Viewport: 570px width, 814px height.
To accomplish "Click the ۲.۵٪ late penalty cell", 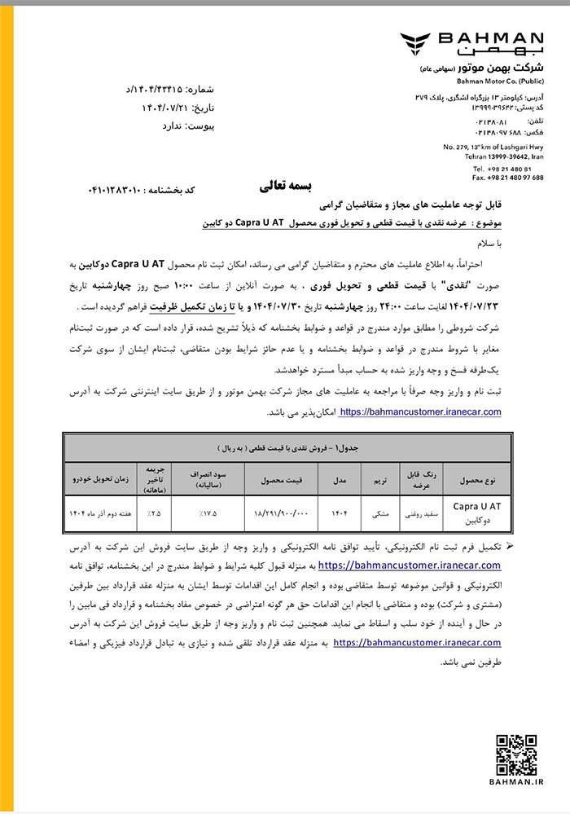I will (155, 514).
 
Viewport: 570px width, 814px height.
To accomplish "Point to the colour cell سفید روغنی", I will (420, 514).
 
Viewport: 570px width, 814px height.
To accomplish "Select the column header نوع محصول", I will (477, 480).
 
